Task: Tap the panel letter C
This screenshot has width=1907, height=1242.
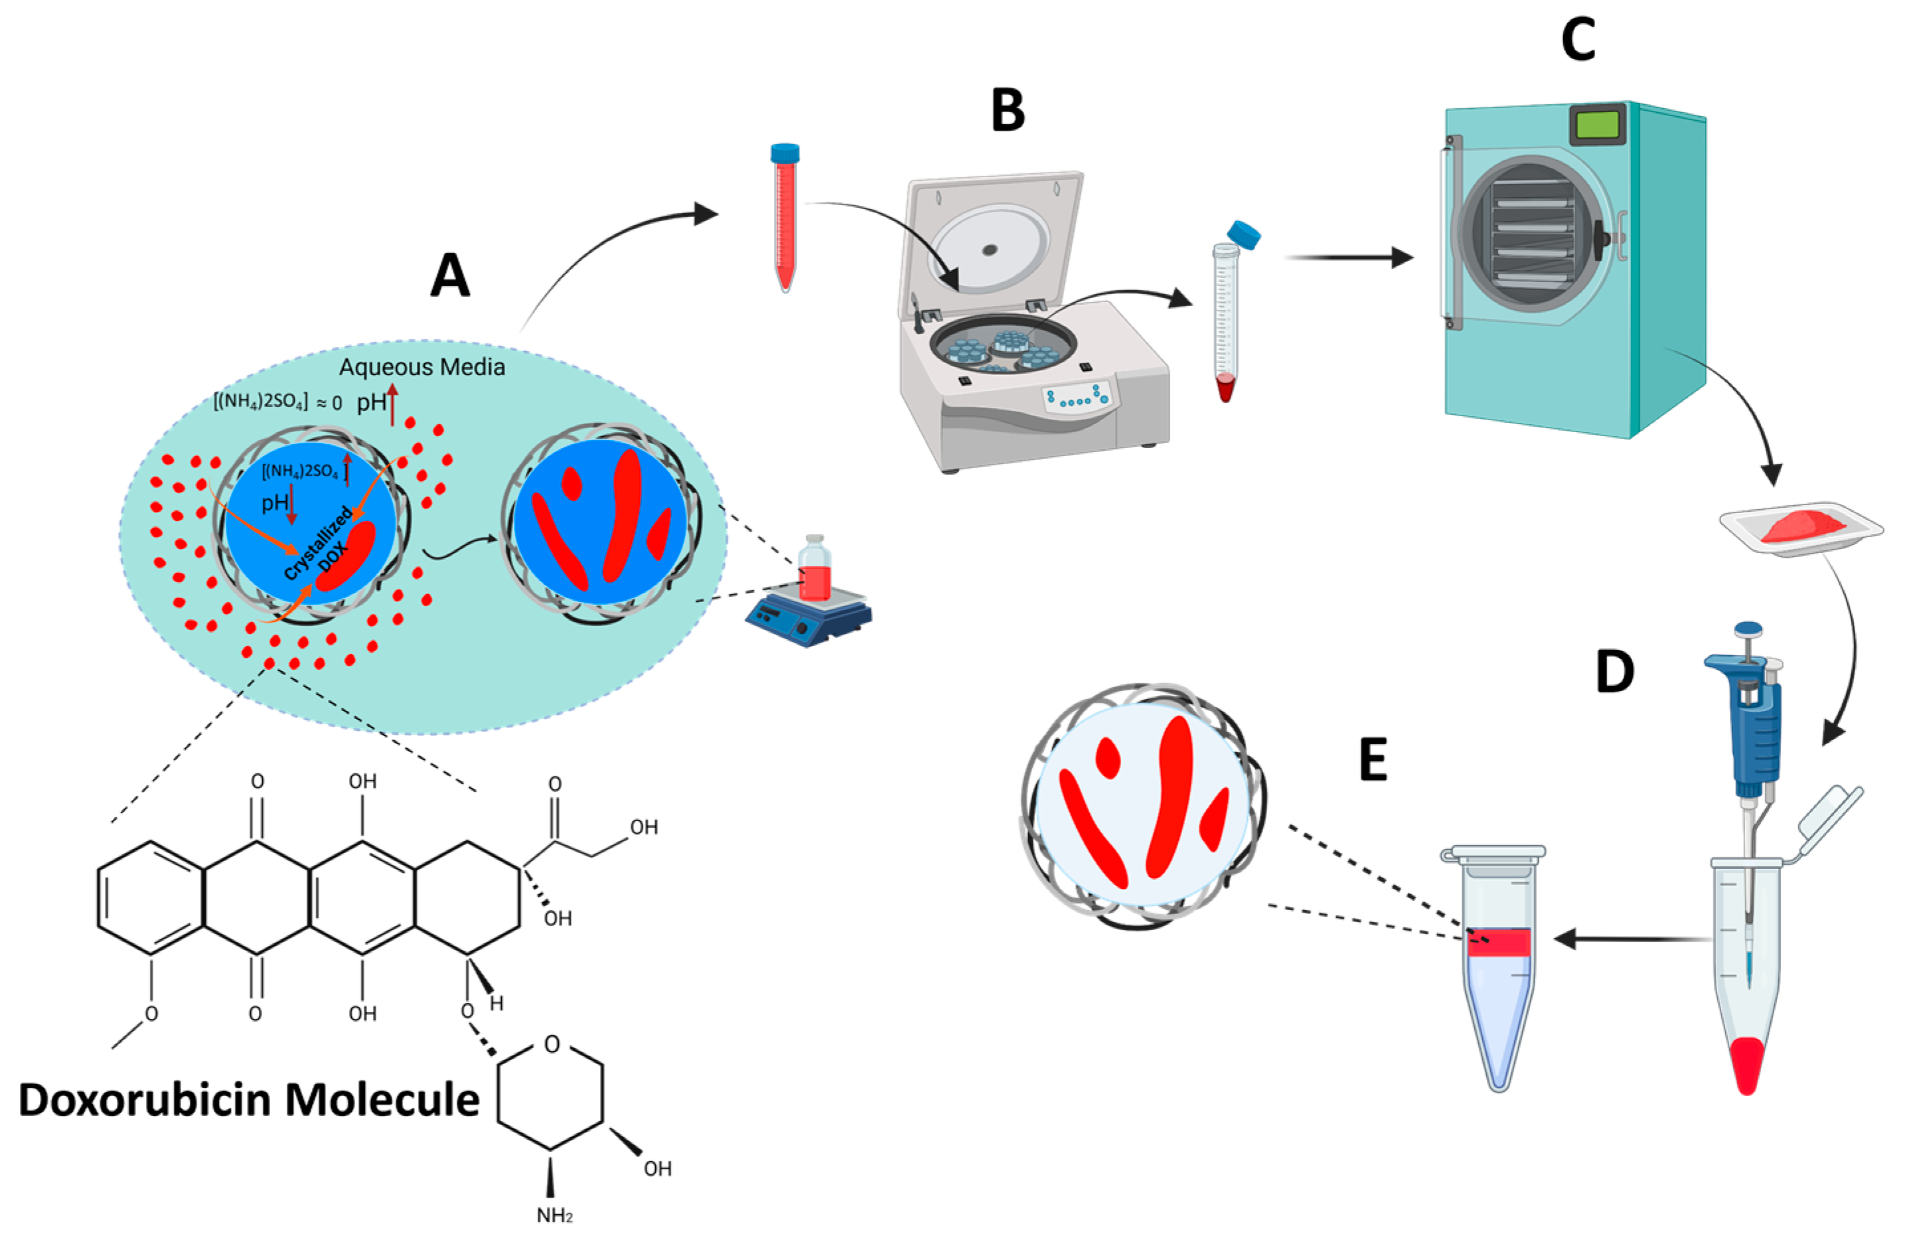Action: pyautogui.click(x=1578, y=40)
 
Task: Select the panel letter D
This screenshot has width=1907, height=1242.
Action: pyautogui.click(x=1614, y=672)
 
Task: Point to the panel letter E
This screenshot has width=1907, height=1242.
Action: pyautogui.click(x=1373, y=761)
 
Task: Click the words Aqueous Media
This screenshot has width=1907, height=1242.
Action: pyautogui.click(x=421, y=367)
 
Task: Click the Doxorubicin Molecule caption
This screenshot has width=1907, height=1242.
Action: pyautogui.click(x=248, y=1099)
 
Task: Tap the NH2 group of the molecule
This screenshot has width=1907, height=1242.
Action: pyautogui.click(x=554, y=1215)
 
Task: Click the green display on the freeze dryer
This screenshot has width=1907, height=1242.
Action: pyautogui.click(x=1597, y=125)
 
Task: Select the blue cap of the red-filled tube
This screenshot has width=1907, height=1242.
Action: pyautogui.click(x=785, y=152)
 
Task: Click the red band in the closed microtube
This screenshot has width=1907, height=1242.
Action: pyautogui.click(x=1498, y=943)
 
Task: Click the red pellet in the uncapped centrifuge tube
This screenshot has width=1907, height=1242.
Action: pyautogui.click(x=1225, y=388)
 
